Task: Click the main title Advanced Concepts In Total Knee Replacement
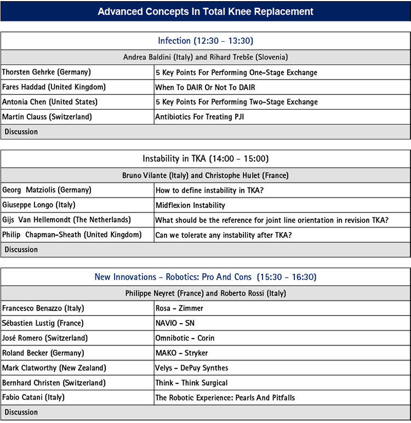tap(206, 12)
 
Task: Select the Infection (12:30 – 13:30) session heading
tap(206, 41)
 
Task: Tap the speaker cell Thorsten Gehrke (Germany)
tap(47, 72)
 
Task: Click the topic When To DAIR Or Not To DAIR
tap(206, 87)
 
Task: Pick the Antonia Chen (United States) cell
tap(50, 102)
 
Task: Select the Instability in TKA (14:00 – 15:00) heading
tap(206, 159)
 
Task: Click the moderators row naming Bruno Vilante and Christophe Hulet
tap(206, 176)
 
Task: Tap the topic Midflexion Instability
tap(190, 205)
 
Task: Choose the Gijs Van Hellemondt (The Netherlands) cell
tap(66, 220)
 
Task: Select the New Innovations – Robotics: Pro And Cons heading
tap(206, 277)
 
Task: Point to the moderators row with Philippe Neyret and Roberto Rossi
tap(206, 294)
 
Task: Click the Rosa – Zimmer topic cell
tap(179, 308)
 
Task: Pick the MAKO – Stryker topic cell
tap(181, 353)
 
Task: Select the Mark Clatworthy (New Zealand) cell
tap(54, 368)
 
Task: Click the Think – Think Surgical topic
tap(191, 382)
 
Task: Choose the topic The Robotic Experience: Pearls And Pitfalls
tap(225, 397)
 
